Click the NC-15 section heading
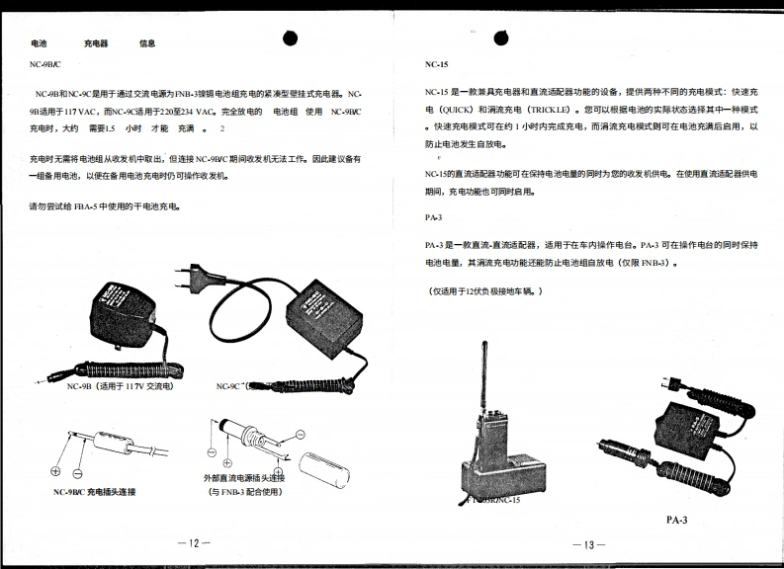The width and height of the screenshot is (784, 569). click(436, 63)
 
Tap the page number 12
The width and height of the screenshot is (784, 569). click(195, 542)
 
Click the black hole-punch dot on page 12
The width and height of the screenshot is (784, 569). click(291, 37)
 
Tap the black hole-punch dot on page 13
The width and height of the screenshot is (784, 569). click(505, 36)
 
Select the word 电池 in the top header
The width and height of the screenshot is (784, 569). click(39, 43)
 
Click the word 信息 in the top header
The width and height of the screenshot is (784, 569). click(147, 43)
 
